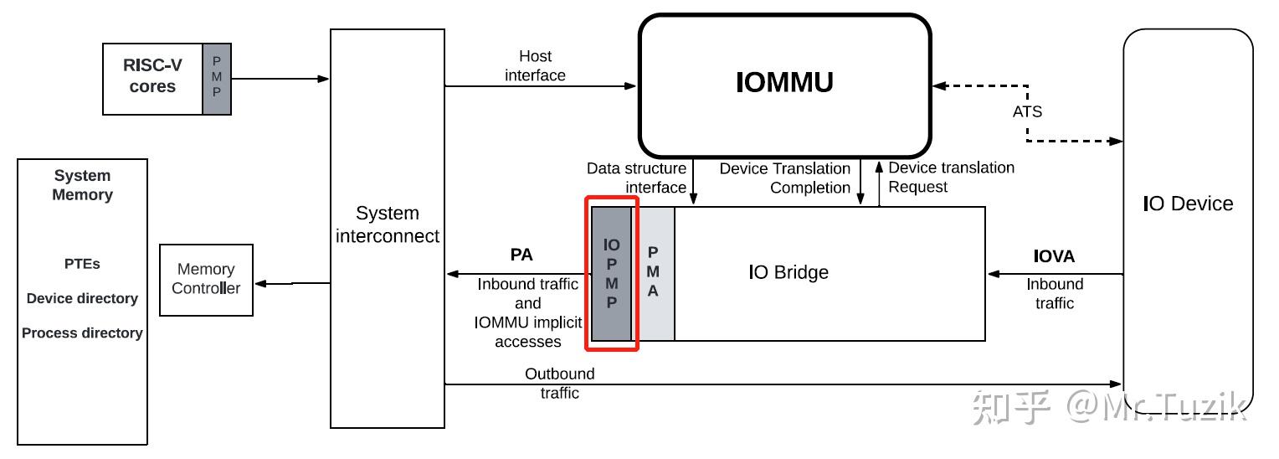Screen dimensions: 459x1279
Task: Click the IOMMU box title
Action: (784, 83)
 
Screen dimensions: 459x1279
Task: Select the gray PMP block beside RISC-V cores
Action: (217, 79)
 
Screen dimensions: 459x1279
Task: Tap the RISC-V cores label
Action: (152, 75)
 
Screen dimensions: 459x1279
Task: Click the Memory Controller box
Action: (206, 279)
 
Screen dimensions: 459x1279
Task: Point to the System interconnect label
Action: (388, 224)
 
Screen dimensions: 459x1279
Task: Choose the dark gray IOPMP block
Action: (612, 274)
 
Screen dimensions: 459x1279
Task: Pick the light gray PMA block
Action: (653, 274)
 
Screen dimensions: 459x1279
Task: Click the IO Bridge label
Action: (788, 272)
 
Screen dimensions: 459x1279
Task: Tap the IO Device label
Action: (1188, 204)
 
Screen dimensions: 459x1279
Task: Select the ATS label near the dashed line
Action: (1027, 111)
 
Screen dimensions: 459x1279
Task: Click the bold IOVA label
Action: (1054, 256)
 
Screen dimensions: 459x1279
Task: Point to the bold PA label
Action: (521, 255)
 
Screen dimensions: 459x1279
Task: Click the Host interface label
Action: (536, 66)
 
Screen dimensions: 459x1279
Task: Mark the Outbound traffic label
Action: (560, 383)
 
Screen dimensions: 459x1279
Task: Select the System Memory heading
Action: (82, 185)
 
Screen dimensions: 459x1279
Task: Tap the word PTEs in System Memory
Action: (82, 264)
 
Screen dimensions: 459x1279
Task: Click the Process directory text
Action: (82, 333)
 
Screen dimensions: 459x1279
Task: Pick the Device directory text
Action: (82, 298)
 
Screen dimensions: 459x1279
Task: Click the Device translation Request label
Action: (951, 177)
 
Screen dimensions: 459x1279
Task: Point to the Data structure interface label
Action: (636, 178)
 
